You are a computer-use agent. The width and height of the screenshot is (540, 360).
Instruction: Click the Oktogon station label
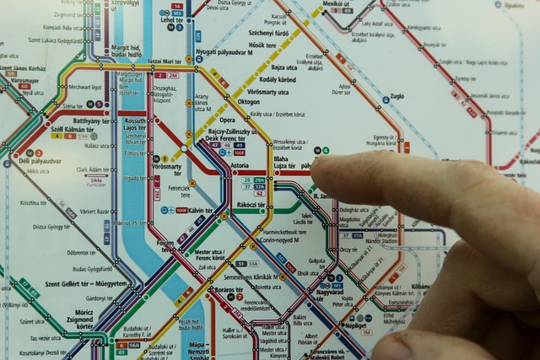point(249,101)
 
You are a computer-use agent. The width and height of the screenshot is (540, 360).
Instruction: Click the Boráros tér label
point(229,290)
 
